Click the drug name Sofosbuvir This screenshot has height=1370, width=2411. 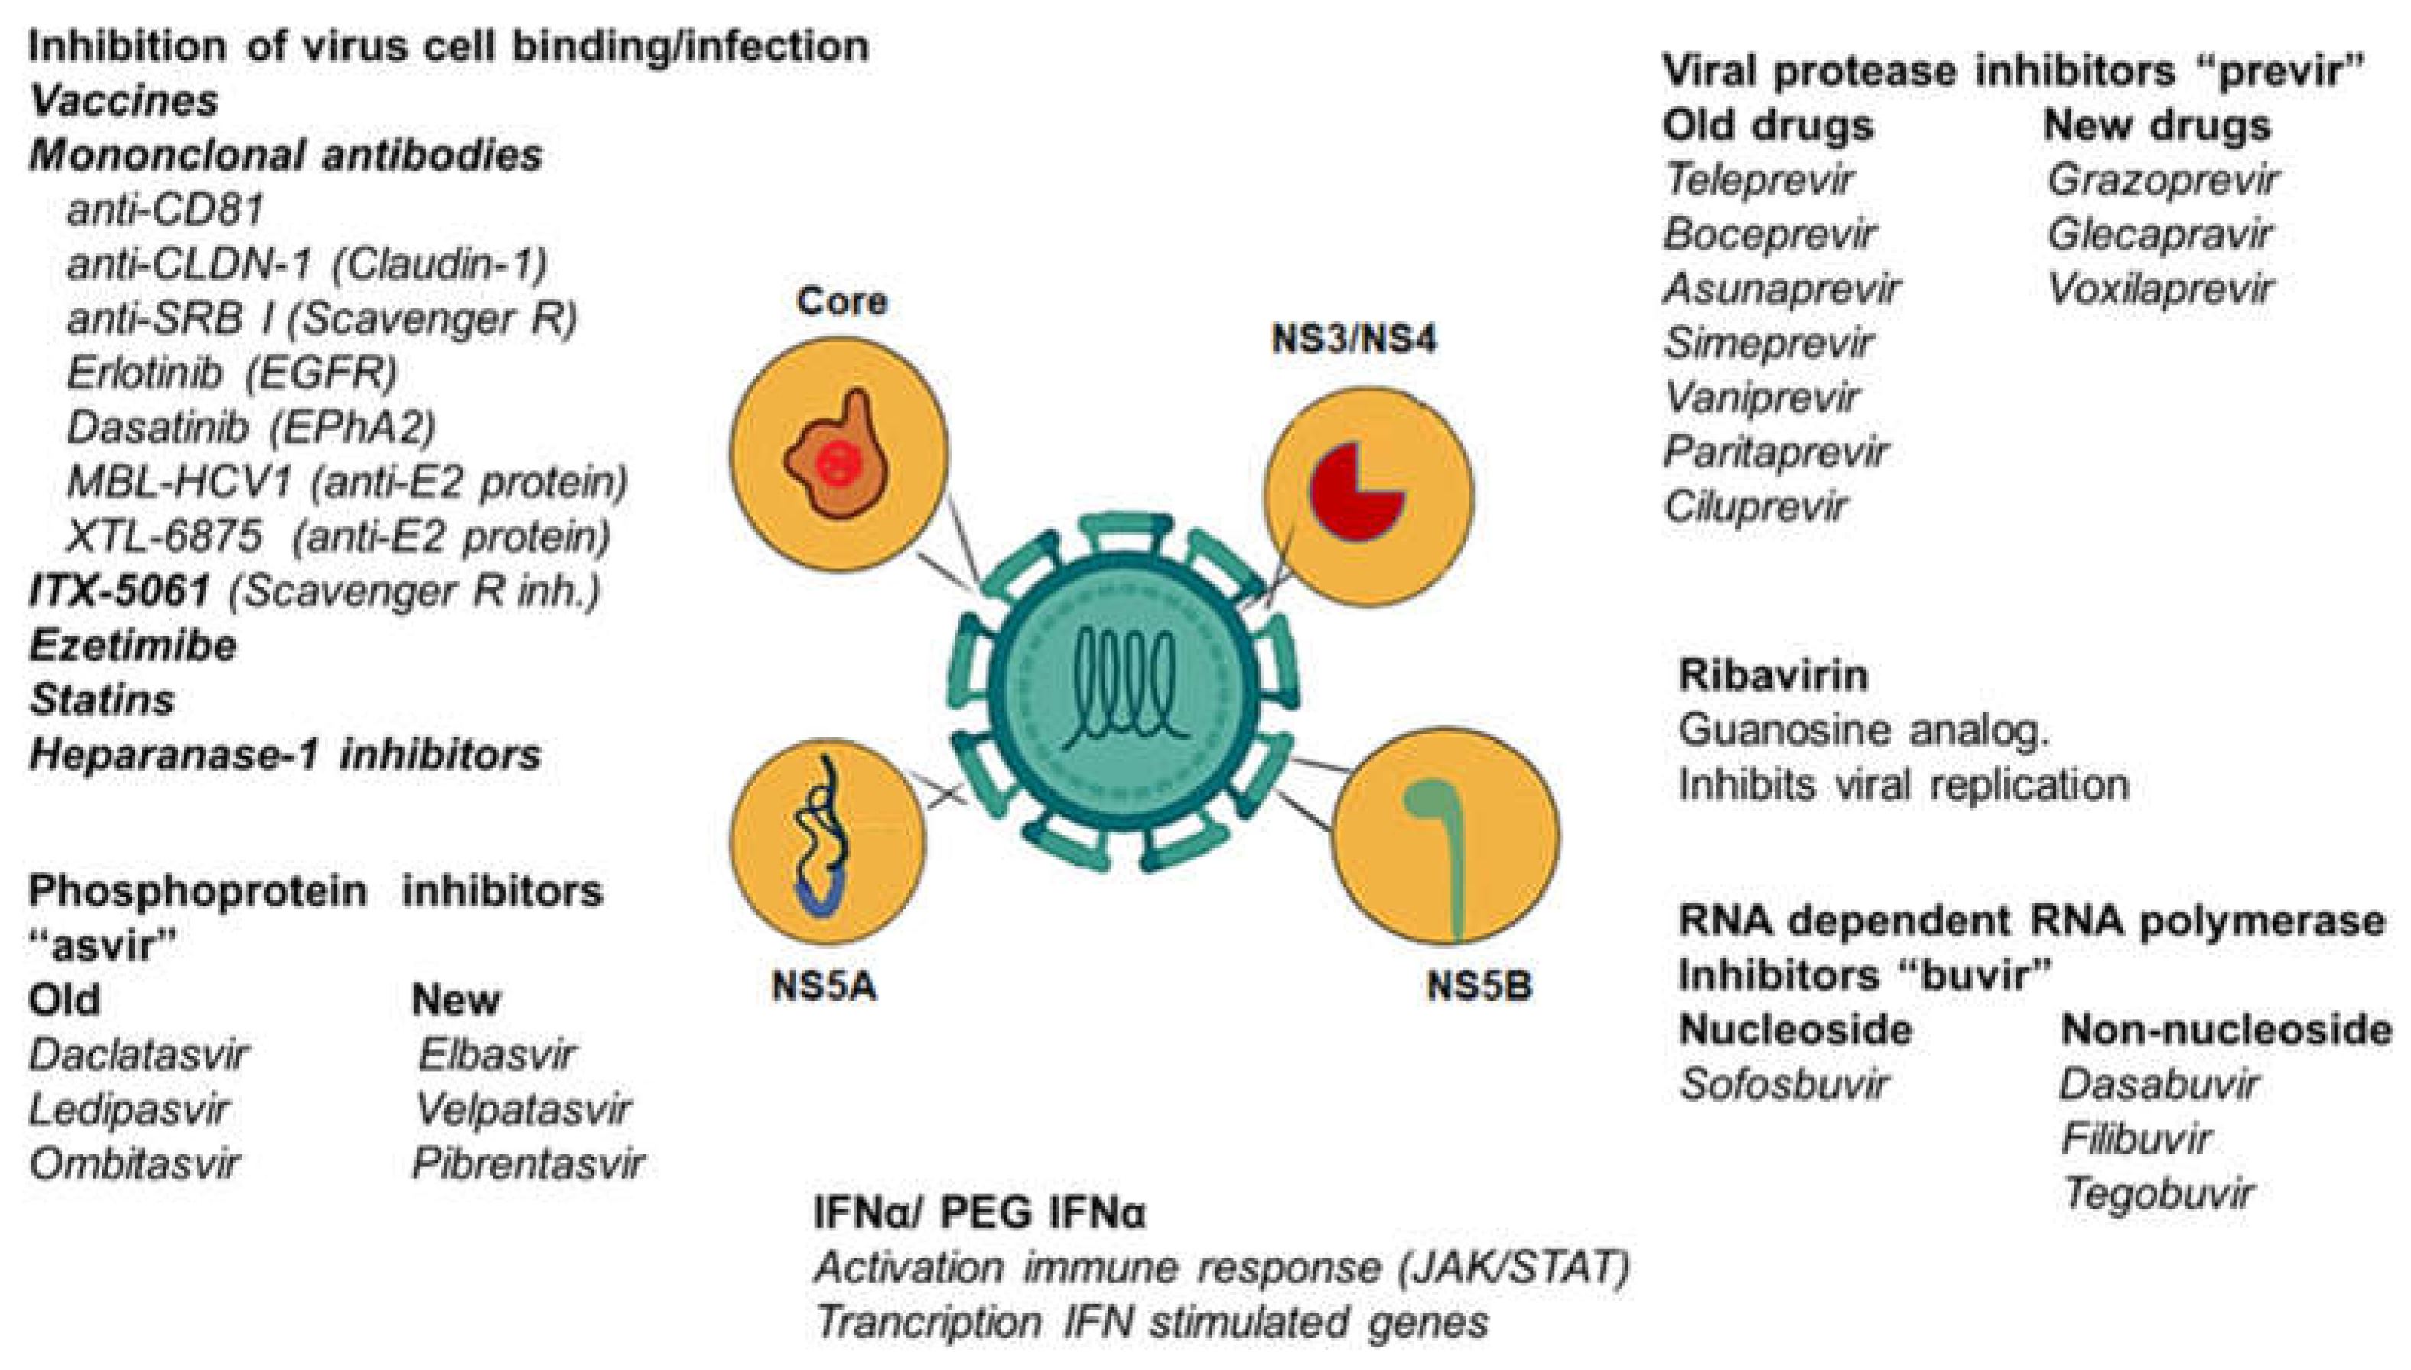pos(1782,1085)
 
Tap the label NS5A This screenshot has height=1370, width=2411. pos(823,986)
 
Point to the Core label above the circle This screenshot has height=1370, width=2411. pos(841,301)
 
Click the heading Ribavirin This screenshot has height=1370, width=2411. pos(1773,675)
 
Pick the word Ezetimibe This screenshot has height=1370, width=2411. pos(132,646)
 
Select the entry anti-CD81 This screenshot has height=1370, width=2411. pos(164,209)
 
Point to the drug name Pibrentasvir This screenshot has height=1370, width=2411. pos(529,1165)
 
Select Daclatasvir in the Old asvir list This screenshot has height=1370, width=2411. pos(138,1055)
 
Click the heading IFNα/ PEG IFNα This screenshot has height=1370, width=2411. pos(978,1214)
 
